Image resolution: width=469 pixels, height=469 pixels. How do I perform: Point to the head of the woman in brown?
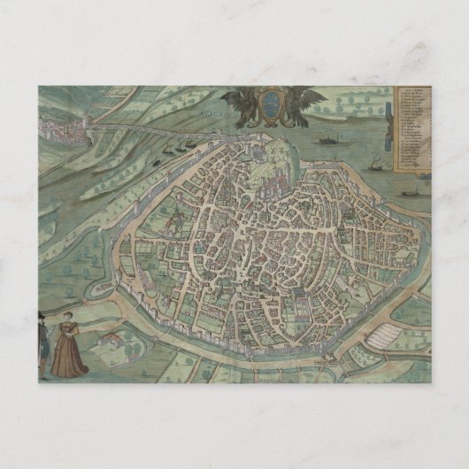click(66, 317)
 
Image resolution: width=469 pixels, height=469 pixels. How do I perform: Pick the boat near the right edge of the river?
click(410, 192)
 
